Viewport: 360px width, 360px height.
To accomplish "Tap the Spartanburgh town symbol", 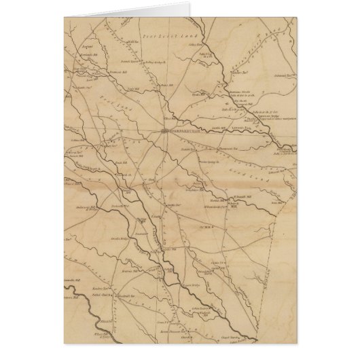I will click(165, 131).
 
